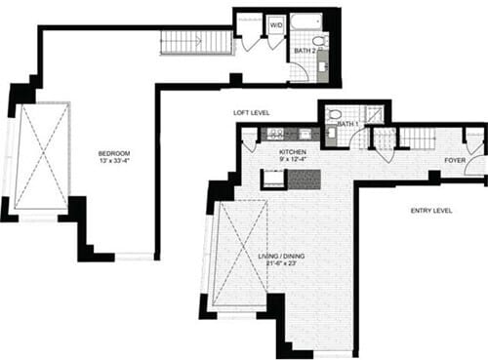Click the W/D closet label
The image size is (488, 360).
tap(275, 21)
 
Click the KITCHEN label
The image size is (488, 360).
tap(293, 153)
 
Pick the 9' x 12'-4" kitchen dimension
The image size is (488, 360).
tap(293, 163)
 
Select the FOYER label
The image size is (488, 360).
tap(454, 159)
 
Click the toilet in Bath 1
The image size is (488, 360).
tap(336, 115)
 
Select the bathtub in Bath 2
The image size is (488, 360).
tap(306, 20)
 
